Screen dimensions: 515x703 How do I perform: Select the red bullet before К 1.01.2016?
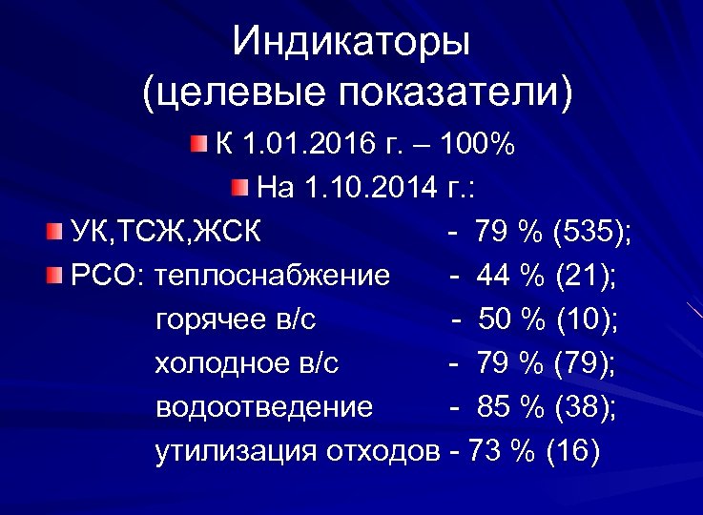[196, 144]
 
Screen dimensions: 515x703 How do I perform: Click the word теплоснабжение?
[278, 277]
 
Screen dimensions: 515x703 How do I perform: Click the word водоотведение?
[263, 407]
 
